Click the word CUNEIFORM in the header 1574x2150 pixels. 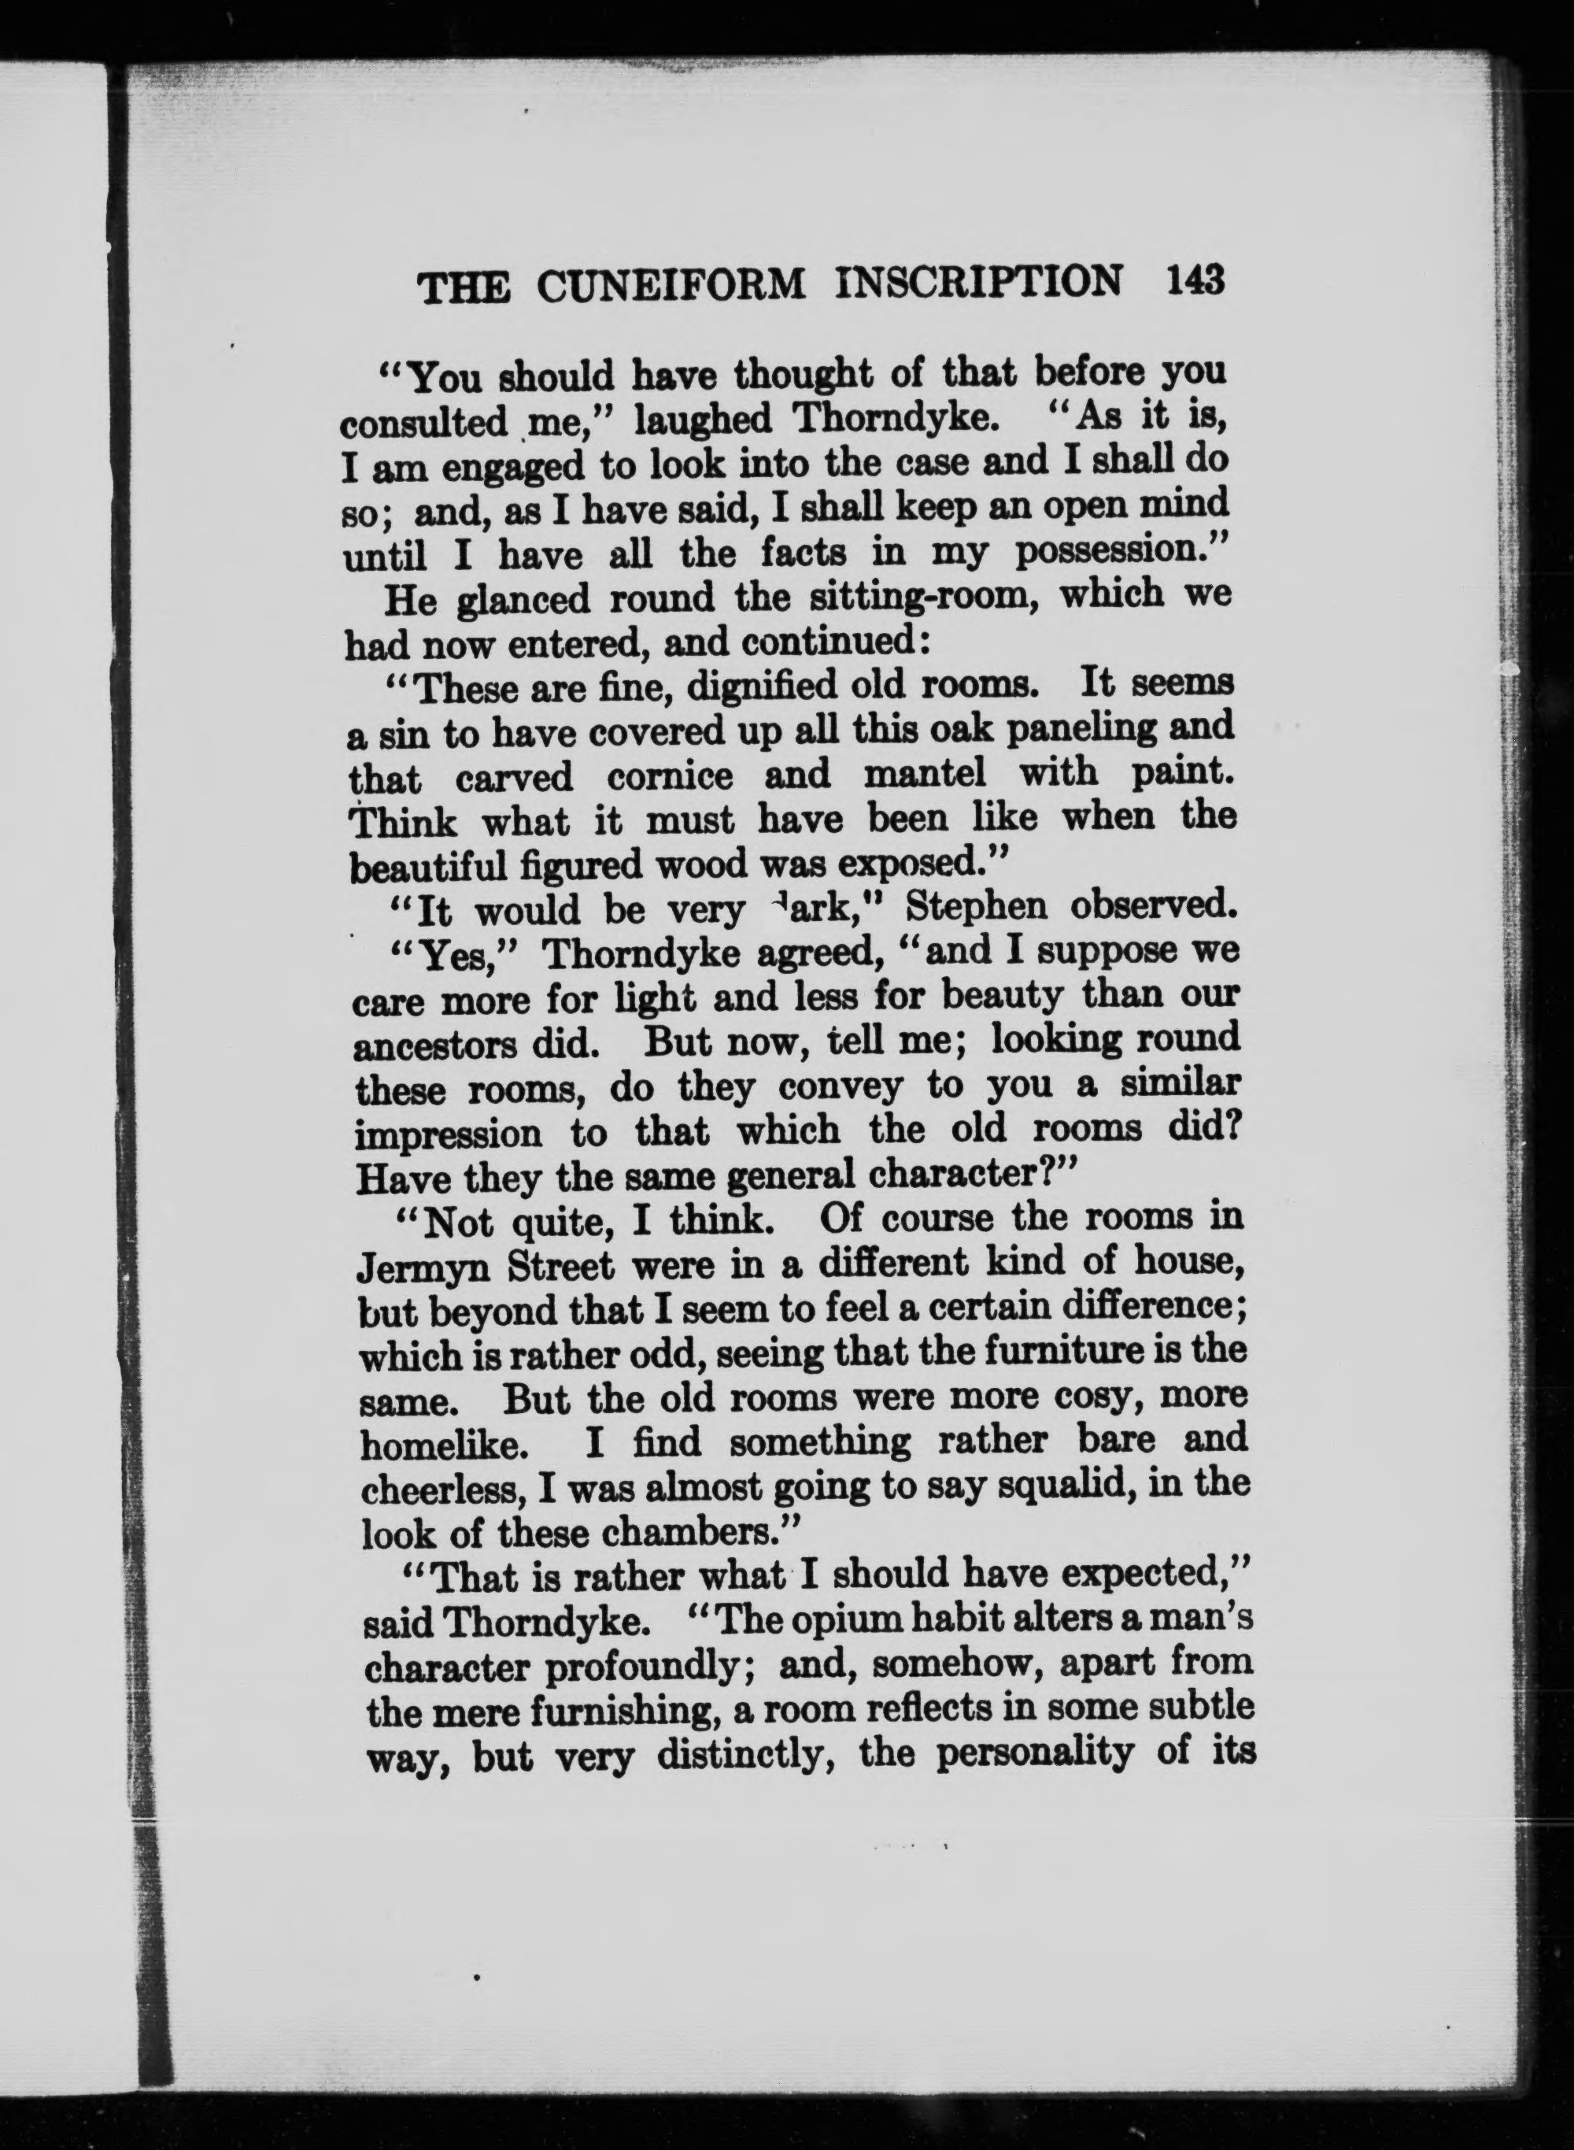pos(670,285)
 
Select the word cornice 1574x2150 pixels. pos(670,777)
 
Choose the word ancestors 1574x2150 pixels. pos(435,1045)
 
